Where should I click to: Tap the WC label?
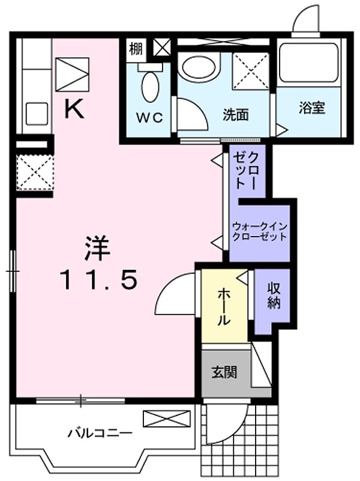click(x=149, y=117)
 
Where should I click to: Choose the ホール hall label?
click(x=223, y=306)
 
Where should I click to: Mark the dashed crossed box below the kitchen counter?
click(x=34, y=172)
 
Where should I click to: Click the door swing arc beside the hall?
click(x=175, y=293)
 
